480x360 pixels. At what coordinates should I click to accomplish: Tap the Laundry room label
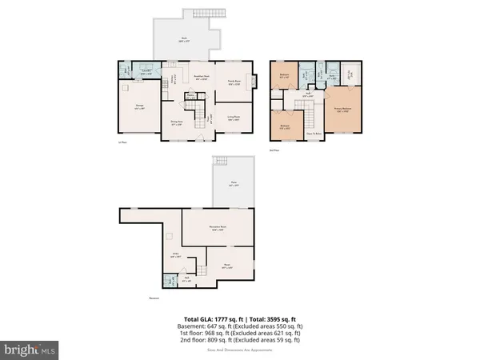[x=146, y=71]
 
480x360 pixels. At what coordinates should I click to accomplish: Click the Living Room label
[x=233, y=117]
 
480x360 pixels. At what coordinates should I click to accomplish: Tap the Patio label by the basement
[x=234, y=185]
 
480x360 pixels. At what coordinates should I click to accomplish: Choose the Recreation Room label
[x=217, y=228]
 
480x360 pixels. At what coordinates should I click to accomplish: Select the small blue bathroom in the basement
[x=169, y=281]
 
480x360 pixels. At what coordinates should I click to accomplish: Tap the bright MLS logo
[x=30, y=349]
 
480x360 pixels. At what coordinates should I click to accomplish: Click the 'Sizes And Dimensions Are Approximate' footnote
[x=240, y=350]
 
